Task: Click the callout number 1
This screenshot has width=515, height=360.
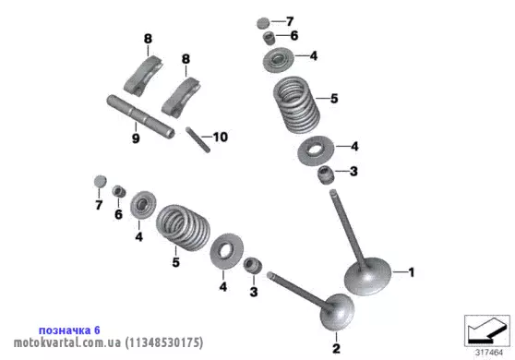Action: (x=412, y=272)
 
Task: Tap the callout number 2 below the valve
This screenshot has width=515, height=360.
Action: (x=336, y=349)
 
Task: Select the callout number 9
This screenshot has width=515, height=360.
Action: (x=136, y=138)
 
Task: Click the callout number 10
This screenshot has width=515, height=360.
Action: (x=221, y=137)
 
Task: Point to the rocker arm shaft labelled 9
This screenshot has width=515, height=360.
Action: (x=140, y=116)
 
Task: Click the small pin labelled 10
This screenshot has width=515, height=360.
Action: (x=198, y=139)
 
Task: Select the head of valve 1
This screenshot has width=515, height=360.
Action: (x=368, y=277)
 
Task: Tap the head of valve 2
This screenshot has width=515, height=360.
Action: (x=337, y=312)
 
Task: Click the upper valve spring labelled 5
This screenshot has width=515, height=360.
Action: (x=296, y=105)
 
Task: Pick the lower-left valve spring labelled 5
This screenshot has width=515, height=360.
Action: (x=183, y=227)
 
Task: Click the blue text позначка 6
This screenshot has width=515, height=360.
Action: (x=69, y=330)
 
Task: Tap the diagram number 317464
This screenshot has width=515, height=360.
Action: (x=489, y=353)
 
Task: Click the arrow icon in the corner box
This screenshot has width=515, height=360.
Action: (x=487, y=330)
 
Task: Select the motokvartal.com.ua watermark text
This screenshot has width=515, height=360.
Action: (x=67, y=342)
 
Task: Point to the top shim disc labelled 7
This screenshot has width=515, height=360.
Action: (x=263, y=23)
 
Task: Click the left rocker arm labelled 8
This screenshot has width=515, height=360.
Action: (x=144, y=77)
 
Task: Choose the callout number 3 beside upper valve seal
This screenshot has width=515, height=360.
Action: (x=353, y=171)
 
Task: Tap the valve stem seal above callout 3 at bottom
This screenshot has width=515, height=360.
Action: (x=253, y=266)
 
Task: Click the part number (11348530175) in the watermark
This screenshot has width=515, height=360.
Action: (x=164, y=342)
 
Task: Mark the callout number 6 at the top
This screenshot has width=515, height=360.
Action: (x=294, y=35)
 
